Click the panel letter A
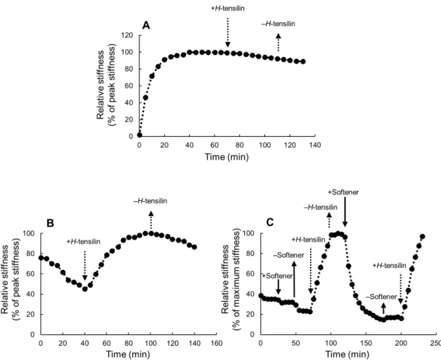[146, 26]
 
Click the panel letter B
[50, 223]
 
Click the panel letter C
[270, 222]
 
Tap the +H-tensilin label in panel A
[228, 9]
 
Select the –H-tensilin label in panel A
[278, 24]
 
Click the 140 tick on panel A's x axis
[315, 145]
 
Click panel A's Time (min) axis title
[227, 156]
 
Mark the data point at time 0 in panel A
[139, 135]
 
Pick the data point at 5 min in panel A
[146, 98]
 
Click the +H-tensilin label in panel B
[84, 241]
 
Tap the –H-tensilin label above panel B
[150, 201]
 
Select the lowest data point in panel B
[85, 289]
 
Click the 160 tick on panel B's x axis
[217, 343]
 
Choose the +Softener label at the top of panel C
[343, 193]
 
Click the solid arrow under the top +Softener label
[345, 211]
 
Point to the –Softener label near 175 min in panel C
[382, 297]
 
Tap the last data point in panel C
[422, 237]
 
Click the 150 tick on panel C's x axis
[366, 343]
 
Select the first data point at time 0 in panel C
[261, 296]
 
